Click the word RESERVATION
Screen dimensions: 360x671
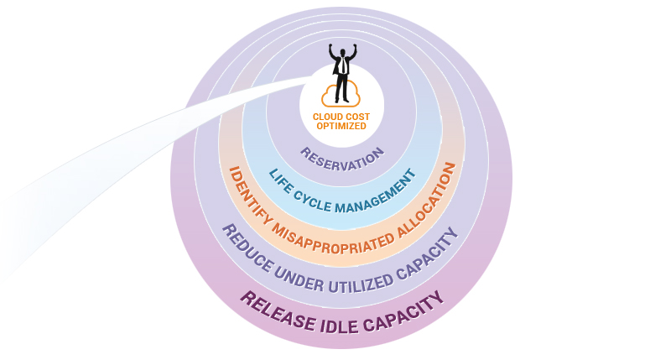click(x=342, y=158)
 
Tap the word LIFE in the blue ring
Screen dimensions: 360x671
click(x=280, y=180)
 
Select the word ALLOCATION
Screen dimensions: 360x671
click(x=424, y=202)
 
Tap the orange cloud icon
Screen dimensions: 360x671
click(x=341, y=95)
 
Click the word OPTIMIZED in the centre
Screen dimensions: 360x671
click(x=341, y=126)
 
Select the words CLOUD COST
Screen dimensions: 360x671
click(x=341, y=117)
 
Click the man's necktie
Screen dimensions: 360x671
click(x=341, y=66)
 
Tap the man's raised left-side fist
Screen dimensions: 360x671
click(x=330, y=47)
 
